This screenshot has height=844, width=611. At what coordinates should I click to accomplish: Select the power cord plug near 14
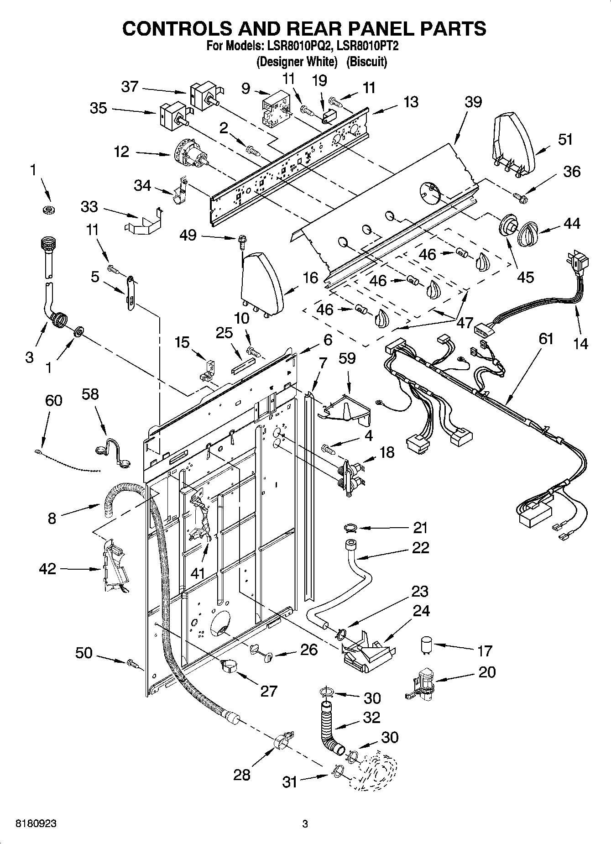click(578, 264)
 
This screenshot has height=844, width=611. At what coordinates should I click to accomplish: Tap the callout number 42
click(47, 569)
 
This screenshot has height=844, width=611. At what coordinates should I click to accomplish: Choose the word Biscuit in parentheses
click(366, 62)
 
